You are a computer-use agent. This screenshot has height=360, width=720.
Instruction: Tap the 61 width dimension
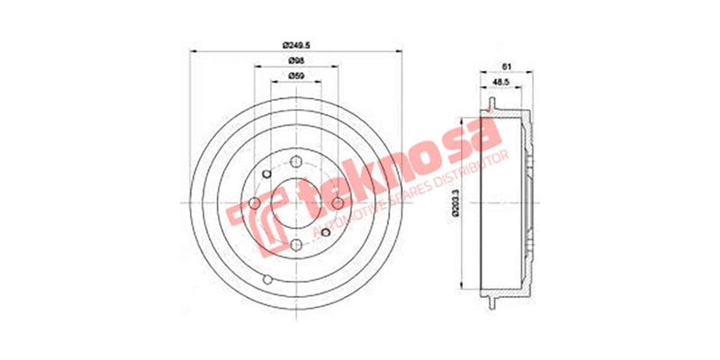pyautogui.click(x=507, y=67)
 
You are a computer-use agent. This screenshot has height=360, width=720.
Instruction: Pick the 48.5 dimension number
pyautogui.click(x=501, y=83)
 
